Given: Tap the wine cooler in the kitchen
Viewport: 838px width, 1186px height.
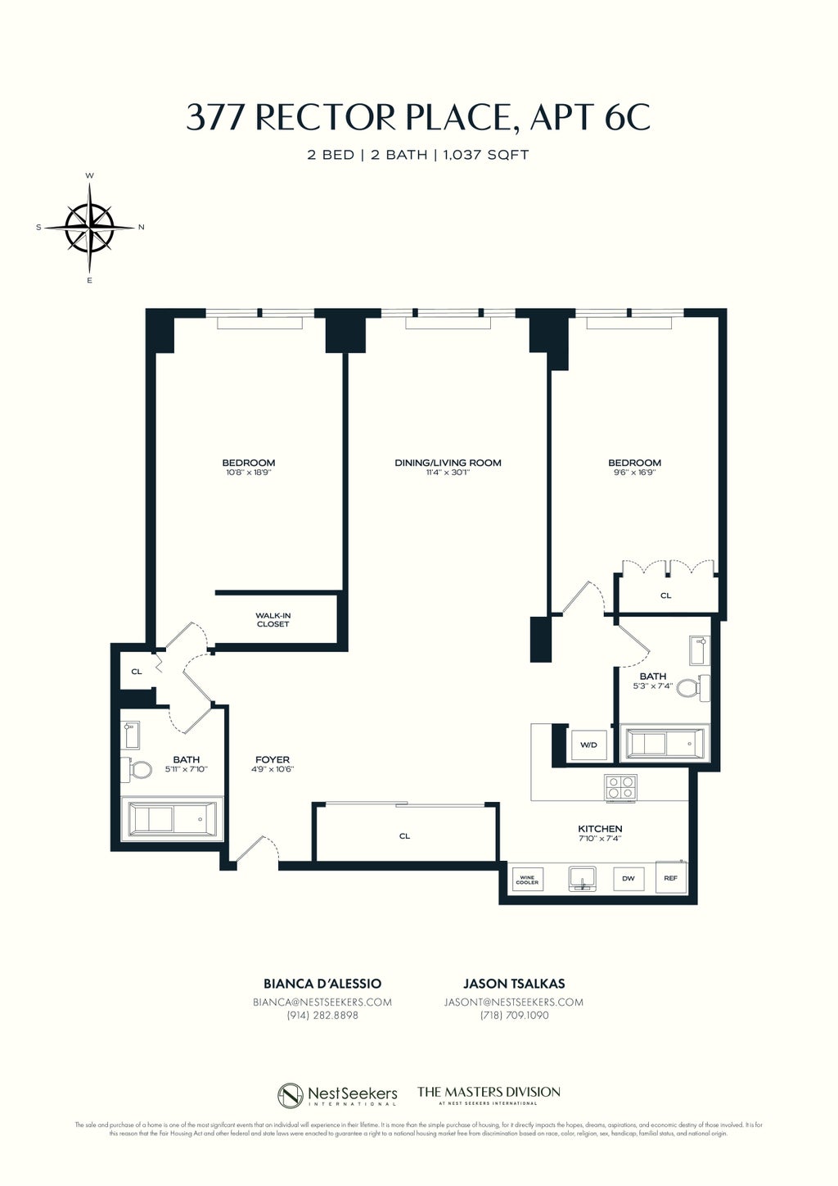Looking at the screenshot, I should [527, 880].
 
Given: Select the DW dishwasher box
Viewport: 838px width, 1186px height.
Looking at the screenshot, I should [628, 879].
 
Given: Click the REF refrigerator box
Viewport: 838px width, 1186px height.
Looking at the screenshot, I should [670, 878].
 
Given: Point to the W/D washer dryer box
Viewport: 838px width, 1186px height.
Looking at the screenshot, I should [588, 745].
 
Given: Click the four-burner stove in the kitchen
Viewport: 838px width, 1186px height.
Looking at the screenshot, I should [619, 787].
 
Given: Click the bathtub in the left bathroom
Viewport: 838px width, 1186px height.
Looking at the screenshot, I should [172, 819].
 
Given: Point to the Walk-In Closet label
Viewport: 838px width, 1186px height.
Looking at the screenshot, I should [273, 620].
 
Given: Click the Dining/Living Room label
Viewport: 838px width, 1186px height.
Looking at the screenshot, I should [448, 463].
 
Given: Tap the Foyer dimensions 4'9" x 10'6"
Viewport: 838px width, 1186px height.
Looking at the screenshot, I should [272, 769].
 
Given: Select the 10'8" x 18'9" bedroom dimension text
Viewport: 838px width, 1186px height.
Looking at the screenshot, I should [248, 473].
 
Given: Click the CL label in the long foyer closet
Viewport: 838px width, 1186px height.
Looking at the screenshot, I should [404, 836].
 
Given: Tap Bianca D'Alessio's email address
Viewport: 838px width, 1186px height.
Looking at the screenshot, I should [322, 1002].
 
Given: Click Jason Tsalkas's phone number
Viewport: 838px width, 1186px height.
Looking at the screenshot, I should [514, 1016].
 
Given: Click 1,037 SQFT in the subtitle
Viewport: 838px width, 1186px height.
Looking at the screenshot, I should [486, 155].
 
